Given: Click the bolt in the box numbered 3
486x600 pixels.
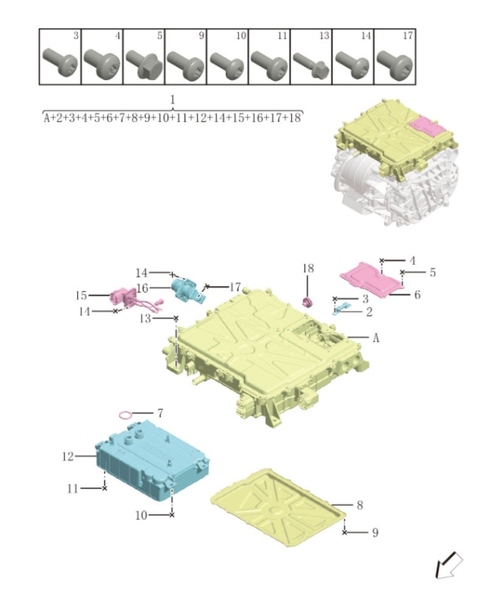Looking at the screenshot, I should [x=58, y=61].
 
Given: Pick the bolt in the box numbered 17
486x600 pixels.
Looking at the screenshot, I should [x=393, y=61].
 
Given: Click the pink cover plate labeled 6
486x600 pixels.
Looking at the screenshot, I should [x=371, y=279].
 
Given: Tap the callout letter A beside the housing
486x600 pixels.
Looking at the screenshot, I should [x=375, y=338].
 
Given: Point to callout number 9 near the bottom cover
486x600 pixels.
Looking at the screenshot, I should [x=375, y=533].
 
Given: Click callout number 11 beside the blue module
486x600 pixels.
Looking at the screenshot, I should [x=72, y=488].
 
